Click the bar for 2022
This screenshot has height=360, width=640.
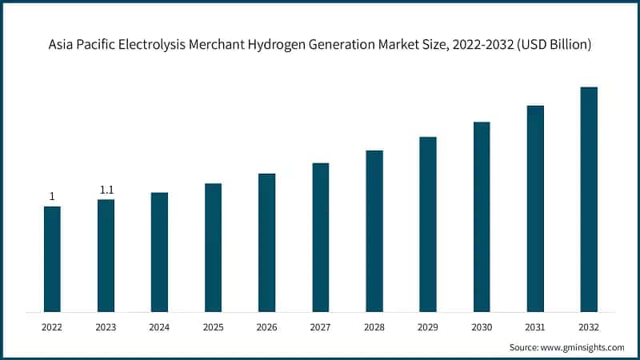pyautogui.click(x=52, y=258)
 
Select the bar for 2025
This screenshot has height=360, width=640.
pyautogui.click(x=213, y=247)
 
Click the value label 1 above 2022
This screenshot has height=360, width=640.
pyautogui.click(x=52, y=197)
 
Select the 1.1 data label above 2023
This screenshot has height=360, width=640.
pyautogui.click(x=106, y=190)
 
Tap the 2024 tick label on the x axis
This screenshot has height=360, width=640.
pyautogui.click(x=159, y=327)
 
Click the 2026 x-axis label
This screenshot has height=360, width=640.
pyautogui.click(x=266, y=327)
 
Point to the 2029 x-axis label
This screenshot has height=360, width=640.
pyautogui.click(x=428, y=327)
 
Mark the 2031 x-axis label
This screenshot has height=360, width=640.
pyautogui.click(x=535, y=327)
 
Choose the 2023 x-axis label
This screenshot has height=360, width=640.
pyautogui.click(x=106, y=327)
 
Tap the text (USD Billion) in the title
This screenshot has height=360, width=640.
pyautogui.click(x=554, y=45)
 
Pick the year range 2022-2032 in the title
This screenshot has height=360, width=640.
pyautogui.click(x=482, y=45)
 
